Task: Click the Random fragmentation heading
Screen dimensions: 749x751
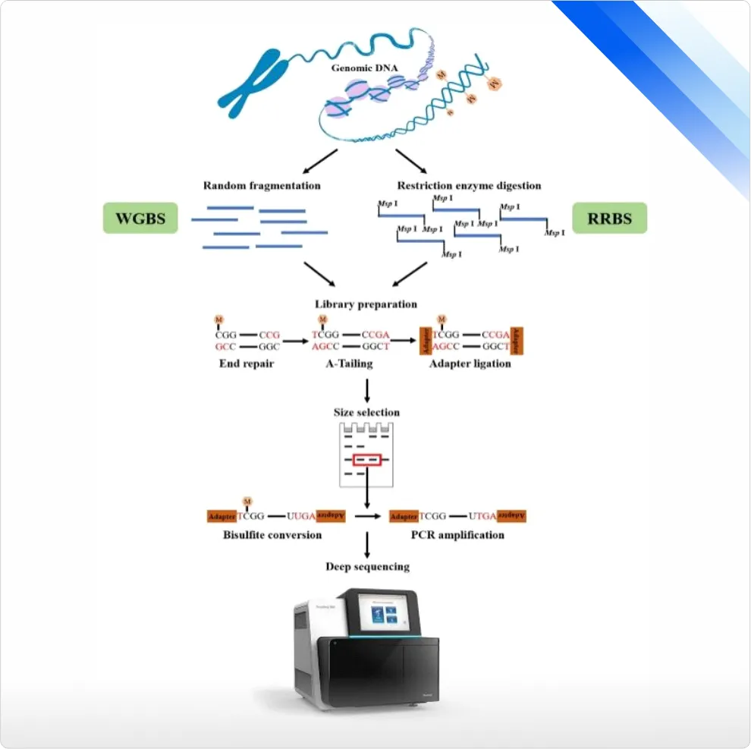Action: tap(262, 185)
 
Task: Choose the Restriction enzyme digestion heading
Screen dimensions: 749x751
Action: tap(469, 185)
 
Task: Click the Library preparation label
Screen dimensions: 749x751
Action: tap(366, 304)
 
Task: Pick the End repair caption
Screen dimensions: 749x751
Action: tap(242, 363)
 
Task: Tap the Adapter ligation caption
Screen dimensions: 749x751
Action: tap(471, 363)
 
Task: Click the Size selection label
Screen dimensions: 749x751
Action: tap(366, 412)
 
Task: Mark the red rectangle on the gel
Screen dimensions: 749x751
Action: tap(366, 461)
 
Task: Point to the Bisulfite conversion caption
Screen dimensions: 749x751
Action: tap(272, 535)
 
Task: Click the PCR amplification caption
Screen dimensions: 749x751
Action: tap(457, 535)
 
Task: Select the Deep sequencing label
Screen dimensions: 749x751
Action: tap(367, 566)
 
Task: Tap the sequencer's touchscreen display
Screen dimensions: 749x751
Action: tap(388, 612)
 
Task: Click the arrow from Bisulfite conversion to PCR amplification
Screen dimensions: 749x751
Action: tap(368, 516)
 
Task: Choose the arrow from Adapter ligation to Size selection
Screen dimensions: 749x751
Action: tap(367, 389)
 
